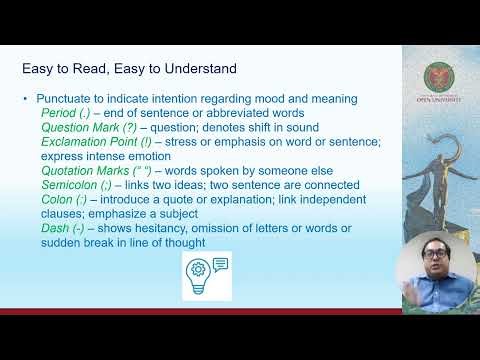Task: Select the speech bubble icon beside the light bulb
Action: (x=220, y=264)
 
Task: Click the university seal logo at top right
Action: (x=440, y=76)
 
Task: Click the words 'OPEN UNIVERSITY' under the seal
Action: (x=440, y=103)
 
